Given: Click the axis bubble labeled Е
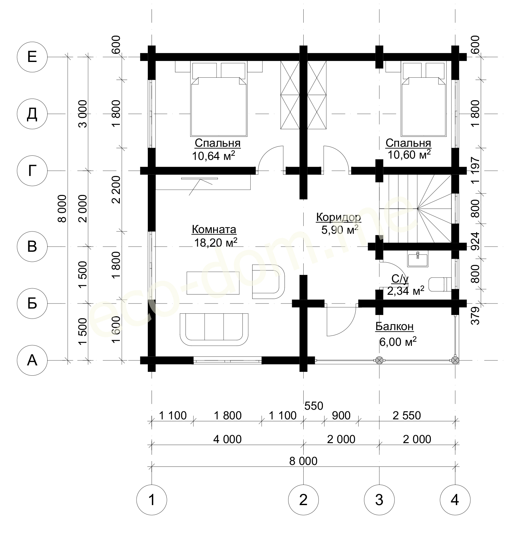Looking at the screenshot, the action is (32, 57).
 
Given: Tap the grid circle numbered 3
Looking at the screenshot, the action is (379, 500).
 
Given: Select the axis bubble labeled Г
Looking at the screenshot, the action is (32, 171).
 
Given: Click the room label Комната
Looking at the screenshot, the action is (214, 230).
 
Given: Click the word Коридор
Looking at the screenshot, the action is (339, 217).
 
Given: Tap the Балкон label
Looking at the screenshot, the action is (395, 327).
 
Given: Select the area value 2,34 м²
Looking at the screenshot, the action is (405, 291).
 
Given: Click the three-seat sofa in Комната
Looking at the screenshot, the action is (214, 329).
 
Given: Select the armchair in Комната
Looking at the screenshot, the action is (268, 282).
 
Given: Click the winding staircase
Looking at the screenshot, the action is (415, 209).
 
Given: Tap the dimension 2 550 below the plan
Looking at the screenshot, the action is (406, 416).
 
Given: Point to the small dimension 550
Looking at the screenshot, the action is (314, 406).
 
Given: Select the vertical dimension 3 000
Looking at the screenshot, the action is (83, 114).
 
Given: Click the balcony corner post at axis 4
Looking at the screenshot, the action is (455, 360).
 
